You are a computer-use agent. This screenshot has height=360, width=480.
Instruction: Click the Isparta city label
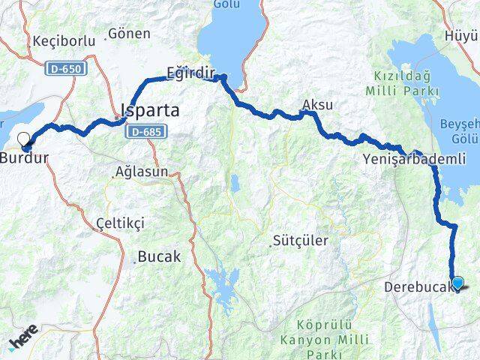click(x=150, y=111)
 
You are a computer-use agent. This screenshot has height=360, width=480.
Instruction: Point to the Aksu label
click(x=316, y=104)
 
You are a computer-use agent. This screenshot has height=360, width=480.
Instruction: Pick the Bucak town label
click(x=158, y=256)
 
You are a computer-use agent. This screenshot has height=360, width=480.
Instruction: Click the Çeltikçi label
click(x=120, y=223)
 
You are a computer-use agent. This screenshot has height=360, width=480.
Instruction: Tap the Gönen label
click(x=129, y=34)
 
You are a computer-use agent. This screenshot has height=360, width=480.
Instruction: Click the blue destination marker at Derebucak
click(x=458, y=283)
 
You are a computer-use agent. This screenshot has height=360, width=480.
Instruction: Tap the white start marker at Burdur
click(x=24, y=139)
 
